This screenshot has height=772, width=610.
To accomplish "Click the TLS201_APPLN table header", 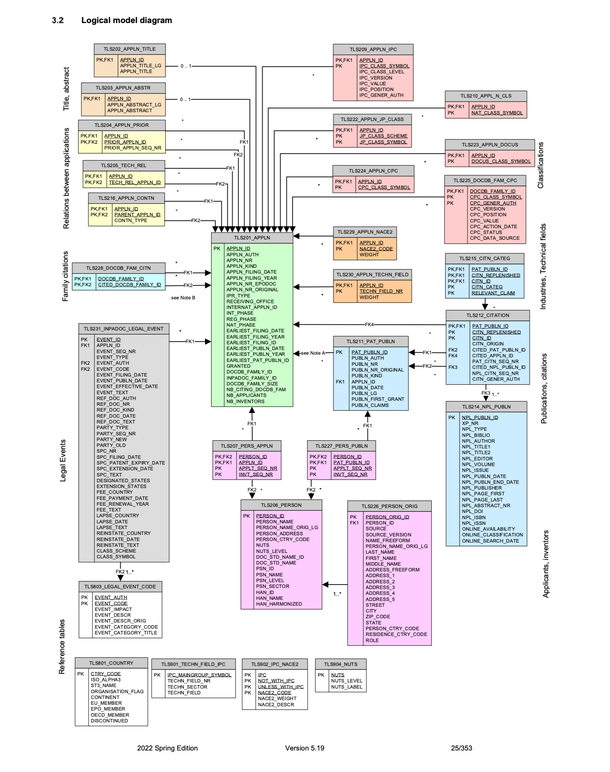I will (x=252, y=238).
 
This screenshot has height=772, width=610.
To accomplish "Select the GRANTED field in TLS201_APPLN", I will (x=238, y=366).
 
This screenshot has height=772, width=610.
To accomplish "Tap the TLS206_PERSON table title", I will (x=281, y=505).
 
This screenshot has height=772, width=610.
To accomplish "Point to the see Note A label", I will (x=313, y=353).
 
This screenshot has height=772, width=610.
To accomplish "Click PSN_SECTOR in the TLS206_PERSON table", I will (x=273, y=586).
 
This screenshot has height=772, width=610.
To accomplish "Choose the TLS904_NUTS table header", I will (x=341, y=664).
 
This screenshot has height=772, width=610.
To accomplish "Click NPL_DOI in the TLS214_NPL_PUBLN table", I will (x=472, y=511).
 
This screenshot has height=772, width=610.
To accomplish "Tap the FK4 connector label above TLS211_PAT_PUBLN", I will (x=369, y=325).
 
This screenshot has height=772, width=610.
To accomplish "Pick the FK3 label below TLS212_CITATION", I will (x=486, y=393).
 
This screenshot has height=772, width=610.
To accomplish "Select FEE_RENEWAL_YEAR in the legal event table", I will (x=123, y=504).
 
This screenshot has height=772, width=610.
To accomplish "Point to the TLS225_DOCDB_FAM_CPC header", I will (x=485, y=181).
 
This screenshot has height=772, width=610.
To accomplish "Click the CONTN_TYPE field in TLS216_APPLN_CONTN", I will (x=131, y=221).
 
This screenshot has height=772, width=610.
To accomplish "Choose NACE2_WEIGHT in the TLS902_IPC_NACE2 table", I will (x=277, y=699).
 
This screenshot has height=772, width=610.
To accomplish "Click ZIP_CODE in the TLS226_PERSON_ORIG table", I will (x=377, y=617).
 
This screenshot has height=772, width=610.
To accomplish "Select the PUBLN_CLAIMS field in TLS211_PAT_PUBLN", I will (x=370, y=405).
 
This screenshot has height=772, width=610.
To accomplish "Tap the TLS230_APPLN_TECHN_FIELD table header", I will (x=372, y=275).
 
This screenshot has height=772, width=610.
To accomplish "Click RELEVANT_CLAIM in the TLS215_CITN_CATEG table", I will (x=493, y=293).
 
